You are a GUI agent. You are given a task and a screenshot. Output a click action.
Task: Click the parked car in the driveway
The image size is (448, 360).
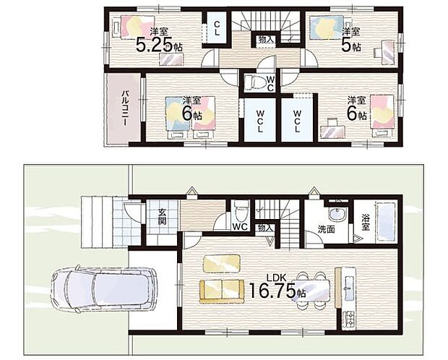103,289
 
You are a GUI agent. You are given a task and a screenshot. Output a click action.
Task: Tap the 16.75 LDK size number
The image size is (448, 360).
272,291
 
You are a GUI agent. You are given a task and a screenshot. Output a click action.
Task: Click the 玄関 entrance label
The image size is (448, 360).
162,217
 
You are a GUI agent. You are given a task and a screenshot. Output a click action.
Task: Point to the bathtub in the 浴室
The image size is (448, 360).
386,221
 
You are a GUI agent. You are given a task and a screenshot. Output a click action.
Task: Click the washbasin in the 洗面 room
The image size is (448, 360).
337,213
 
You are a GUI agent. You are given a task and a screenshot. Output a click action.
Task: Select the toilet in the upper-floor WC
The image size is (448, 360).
254,82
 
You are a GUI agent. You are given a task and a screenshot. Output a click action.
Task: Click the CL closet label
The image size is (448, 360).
217,28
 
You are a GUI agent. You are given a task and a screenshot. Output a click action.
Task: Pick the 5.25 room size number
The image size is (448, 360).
155,45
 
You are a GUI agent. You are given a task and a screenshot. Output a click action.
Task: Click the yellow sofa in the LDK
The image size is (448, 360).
222,291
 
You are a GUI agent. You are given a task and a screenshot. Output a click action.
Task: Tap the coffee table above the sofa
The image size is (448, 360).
222,263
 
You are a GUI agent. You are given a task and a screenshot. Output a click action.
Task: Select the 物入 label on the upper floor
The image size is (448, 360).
266,40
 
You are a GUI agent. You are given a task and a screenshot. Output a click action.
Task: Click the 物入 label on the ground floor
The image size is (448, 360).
264,228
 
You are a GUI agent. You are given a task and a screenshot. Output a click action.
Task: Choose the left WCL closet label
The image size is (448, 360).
259,120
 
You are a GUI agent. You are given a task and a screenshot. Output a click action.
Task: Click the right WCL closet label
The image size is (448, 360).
297,120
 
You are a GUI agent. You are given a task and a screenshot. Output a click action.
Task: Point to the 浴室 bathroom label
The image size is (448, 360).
366,223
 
